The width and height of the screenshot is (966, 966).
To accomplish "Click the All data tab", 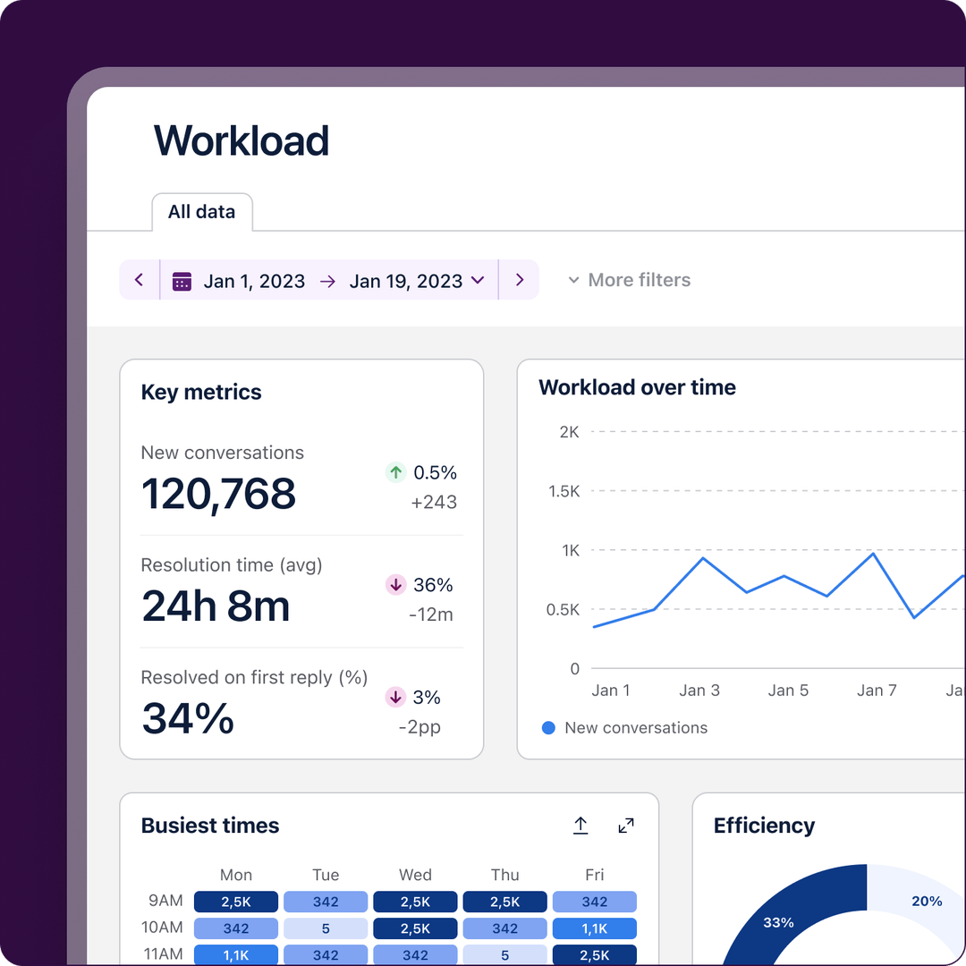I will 201,212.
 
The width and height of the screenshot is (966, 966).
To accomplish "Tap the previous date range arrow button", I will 140,280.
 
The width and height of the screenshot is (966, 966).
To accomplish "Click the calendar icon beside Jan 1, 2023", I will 182,281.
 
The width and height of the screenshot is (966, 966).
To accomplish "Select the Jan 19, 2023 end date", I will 405,281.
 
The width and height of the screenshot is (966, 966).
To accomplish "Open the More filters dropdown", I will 630,280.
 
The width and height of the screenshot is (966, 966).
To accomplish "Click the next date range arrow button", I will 520,280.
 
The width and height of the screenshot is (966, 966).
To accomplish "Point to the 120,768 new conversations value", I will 218,494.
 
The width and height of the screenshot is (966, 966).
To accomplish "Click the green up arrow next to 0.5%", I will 395,472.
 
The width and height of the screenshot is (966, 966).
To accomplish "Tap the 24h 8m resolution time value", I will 216,606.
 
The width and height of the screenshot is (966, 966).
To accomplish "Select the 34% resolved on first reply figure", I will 188,719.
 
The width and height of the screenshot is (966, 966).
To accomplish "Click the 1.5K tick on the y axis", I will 563,491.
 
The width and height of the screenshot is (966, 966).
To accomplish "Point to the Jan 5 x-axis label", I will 788,691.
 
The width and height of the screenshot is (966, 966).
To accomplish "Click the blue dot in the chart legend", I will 548,728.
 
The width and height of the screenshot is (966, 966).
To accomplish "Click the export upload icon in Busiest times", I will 580,826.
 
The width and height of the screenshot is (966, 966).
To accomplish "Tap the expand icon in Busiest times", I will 626,826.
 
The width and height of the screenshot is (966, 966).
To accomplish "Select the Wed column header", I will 415,875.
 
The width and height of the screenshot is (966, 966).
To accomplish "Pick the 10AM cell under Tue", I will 326,928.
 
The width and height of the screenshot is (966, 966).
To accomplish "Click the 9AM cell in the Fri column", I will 594,902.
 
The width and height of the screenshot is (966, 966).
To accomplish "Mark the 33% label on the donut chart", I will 778,922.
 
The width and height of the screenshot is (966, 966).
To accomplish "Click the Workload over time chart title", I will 637,387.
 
